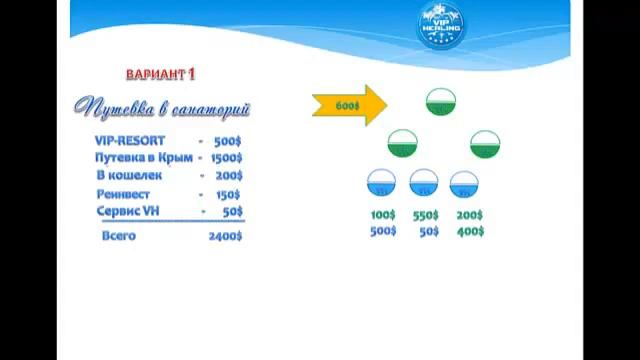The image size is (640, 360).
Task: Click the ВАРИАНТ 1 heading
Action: (161, 75)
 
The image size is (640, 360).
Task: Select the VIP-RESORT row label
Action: (130, 141)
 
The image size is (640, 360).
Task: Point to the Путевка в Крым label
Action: (143, 158)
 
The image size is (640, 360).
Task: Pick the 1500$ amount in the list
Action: (226, 158)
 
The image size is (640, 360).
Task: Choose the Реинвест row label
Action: (126, 194)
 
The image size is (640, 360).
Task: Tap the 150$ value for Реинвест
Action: (228, 194)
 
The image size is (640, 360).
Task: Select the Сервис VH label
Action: (128, 212)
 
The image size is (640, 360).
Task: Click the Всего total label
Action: (119, 236)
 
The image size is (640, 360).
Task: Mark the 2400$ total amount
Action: (225, 236)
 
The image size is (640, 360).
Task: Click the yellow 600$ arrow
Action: (349, 105)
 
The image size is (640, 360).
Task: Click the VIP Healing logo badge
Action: (440, 27)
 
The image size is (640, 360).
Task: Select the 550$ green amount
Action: (426, 215)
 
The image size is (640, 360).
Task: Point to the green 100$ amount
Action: (383, 215)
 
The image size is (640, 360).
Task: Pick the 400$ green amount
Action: (470, 231)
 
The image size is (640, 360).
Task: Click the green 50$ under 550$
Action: (429, 231)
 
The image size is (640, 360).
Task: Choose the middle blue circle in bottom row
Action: (424, 184)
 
